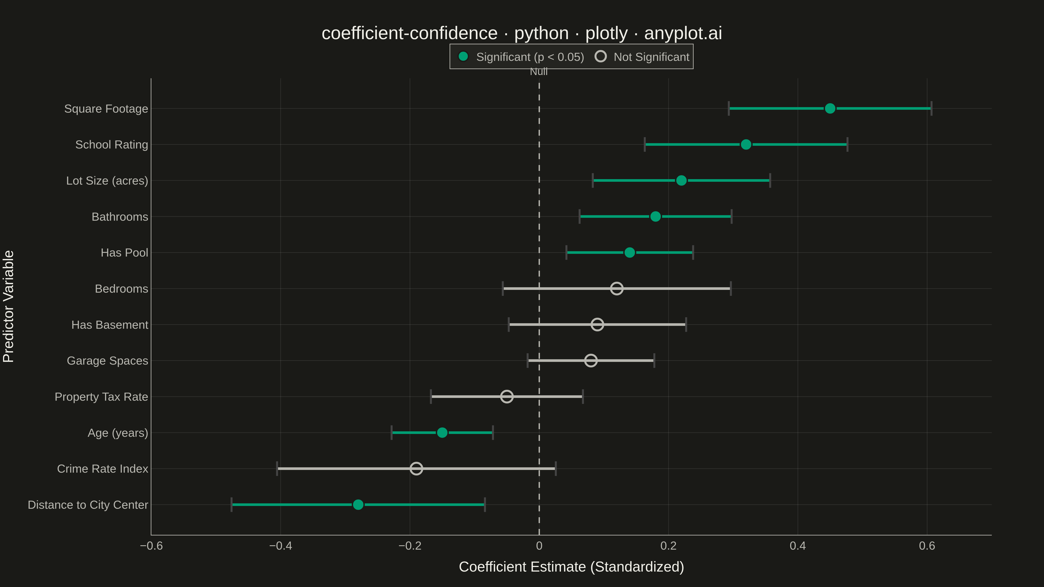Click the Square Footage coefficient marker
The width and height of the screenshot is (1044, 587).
(x=830, y=108)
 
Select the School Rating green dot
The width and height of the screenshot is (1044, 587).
(x=746, y=145)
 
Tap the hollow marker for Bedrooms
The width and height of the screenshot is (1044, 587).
(x=616, y=288)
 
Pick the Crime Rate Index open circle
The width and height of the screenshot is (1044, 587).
(x=416, y=469)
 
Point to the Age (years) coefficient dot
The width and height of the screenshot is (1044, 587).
(x=442, y=433)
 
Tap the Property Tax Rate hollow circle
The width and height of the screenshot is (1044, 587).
(x=507, y=397)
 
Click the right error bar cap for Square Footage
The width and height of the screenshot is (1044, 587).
(x=931, y=108)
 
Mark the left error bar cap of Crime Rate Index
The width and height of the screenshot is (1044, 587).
(x=277, y=469)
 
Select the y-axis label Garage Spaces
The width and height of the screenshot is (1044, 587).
(x=107, y=360)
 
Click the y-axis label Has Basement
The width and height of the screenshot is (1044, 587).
(x=110, y=325)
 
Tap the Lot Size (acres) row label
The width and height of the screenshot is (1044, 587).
(x=107, y=181)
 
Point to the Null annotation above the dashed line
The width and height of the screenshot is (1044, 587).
(x=539, y=72)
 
